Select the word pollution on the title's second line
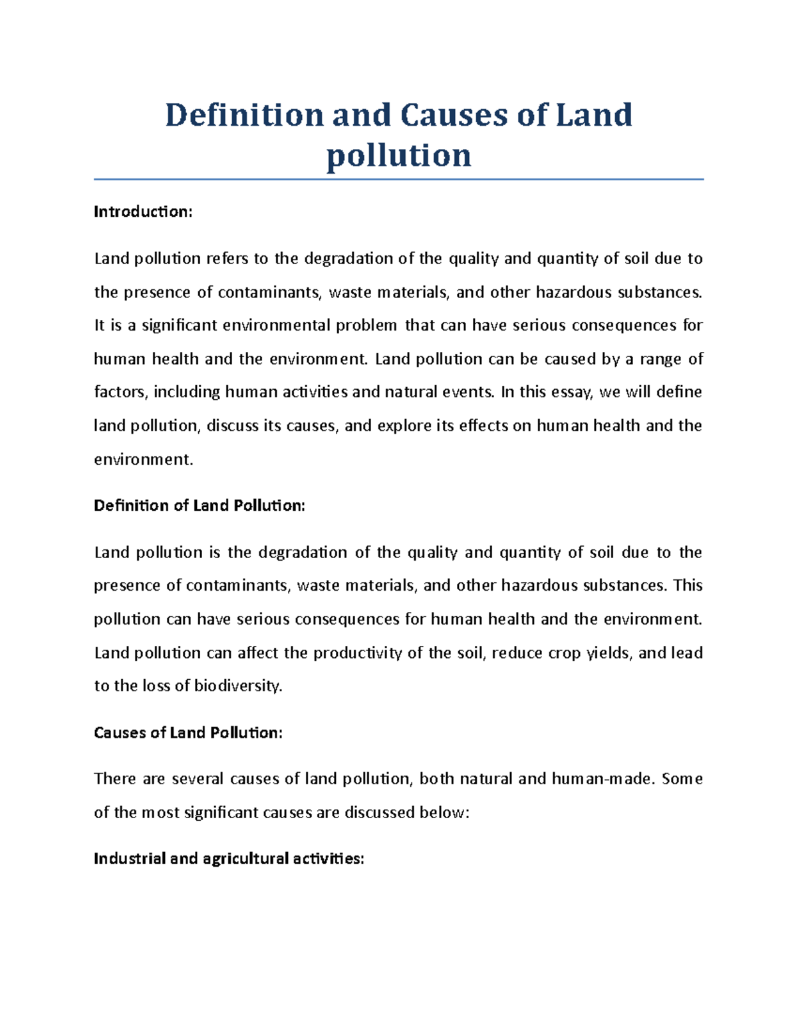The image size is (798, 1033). (399, 156)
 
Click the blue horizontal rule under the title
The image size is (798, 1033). (399, 180)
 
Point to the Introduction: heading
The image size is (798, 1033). (143, 212)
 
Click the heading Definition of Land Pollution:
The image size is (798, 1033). (199, 506)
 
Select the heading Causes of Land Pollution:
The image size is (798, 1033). (188, 732)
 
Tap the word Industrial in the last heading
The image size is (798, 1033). (130, 859)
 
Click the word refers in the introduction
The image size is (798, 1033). (227, 259)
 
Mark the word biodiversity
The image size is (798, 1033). (238, 686)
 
